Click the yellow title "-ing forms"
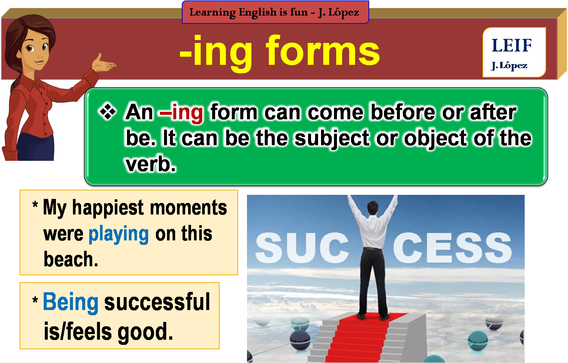(280, 52)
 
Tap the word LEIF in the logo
(512, 46)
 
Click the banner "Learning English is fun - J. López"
(275, 12)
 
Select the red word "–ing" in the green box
(181, 112)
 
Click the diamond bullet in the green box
(108, 112)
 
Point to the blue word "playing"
(118, 234)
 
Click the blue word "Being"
(71, 302)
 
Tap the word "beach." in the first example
(71, 259)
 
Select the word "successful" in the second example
(157, 302)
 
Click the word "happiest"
(108, 207)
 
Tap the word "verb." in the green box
(150, 164)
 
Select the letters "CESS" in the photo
(452, 247)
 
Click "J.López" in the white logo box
(509, 66)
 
